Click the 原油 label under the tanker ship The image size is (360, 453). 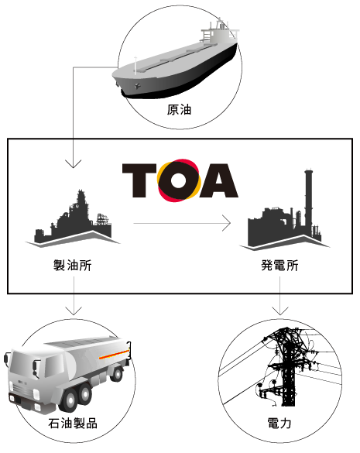[179, 110]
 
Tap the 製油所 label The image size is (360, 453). [73, 265]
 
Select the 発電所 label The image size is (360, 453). [279, 265]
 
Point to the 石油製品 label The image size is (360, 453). [73, 424]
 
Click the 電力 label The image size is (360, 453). [279, 424]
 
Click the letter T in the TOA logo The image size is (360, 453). [139, 180]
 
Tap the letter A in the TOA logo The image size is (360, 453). [219, 180]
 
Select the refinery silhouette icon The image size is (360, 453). [73, 220]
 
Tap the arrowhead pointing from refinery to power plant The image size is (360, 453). [227, 223]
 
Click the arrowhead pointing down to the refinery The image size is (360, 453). [74, 164]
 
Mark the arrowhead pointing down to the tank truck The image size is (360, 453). [74, 311]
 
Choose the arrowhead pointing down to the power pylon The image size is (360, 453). [280, 311]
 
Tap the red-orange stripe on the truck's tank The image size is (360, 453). [115, 355]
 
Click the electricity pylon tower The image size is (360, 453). [286, 367]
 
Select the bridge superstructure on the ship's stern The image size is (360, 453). [220, 30]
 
